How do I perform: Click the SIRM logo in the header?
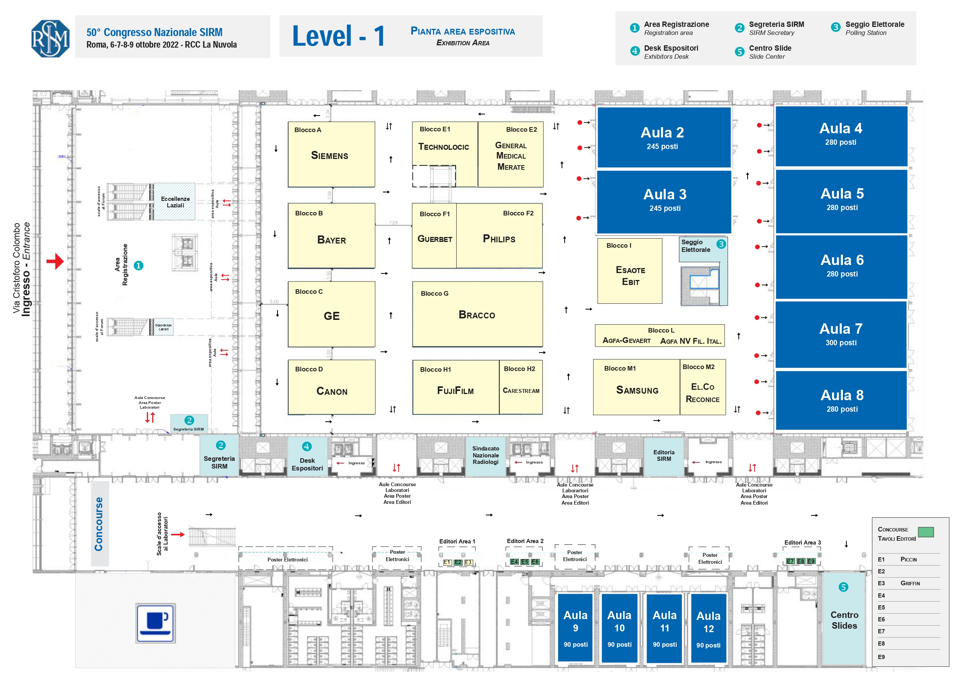[50, 38]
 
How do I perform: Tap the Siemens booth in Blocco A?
[331, 154]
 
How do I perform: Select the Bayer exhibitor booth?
[331, 236]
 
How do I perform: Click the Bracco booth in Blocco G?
[477, 315]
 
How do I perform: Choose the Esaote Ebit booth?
[630, 271]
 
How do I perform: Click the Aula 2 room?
[663, 137]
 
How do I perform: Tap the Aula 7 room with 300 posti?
[841, 334]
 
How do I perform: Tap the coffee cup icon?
[155, 623]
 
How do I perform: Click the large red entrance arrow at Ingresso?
[55, 261]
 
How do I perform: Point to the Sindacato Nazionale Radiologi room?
[485, 455]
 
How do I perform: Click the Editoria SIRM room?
[663, 455]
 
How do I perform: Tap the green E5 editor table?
[525, 562]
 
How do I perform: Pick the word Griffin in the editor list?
[910, 583]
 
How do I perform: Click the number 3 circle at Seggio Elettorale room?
[721, 244]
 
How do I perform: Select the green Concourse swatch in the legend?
[926, 532]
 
